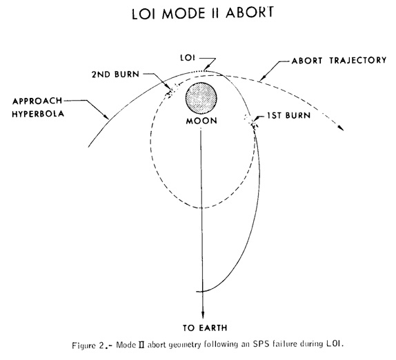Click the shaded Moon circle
tap(201, 98)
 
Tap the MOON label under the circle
tap(201, 121)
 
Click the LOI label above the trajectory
tap(188, 58)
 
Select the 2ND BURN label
tap(115, 74)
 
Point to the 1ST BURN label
tap(288, 116)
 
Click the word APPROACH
tap(37, 101)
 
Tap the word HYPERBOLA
tap(38, 114)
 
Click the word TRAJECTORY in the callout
tap(358, 60)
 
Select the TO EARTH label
tap(205, 328)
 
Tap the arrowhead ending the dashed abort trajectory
tap(341, 128)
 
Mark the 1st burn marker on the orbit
tap(252, 121)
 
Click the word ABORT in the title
tap(250, 13)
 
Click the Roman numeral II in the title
tap(215, 14)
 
